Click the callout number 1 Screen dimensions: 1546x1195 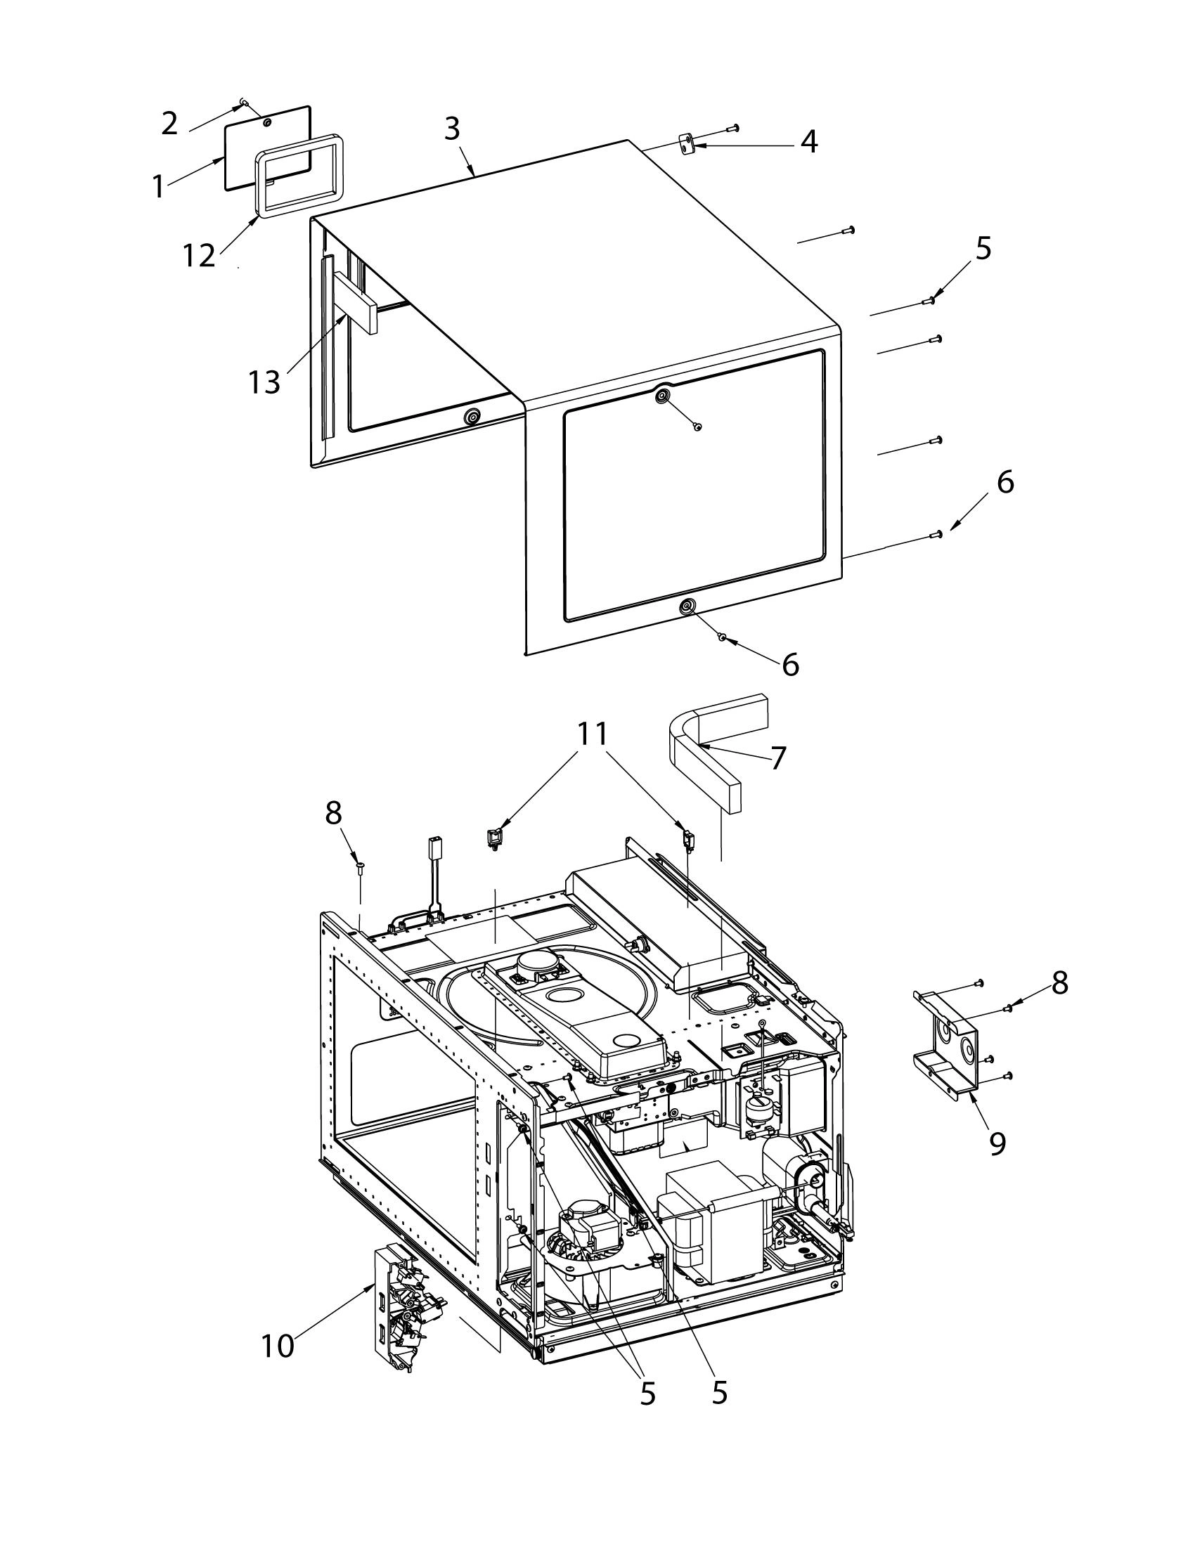coord(159,187)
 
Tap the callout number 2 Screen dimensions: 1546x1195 coord(169,124)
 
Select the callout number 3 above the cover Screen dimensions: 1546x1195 coord(453,129)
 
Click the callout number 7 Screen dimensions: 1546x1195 coord(778,758)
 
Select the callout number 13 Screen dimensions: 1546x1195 coord(264,383)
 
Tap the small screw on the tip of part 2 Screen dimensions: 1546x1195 coord(244,103)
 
